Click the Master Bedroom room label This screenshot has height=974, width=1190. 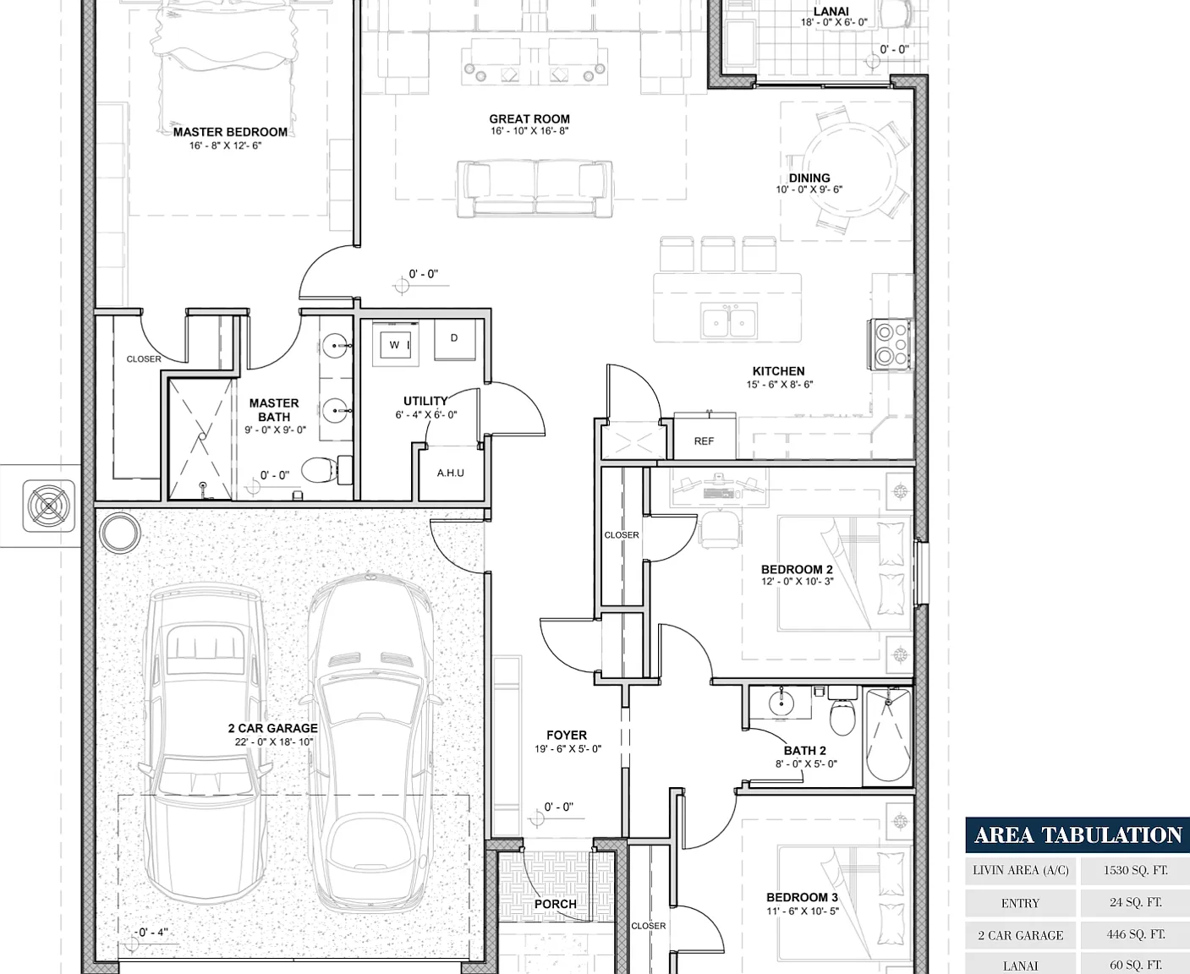230,132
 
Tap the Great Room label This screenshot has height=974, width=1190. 529,119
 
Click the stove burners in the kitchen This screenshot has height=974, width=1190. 890,344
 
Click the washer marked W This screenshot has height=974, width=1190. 399,344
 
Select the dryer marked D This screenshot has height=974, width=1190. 455,340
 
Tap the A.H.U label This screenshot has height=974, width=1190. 450,473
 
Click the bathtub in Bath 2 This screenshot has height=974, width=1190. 888,736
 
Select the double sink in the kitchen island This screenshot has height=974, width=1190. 729,321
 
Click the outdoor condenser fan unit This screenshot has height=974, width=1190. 49,506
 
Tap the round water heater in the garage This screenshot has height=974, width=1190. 119,533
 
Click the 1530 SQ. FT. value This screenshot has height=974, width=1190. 1135,870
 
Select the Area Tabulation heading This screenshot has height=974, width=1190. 1078,835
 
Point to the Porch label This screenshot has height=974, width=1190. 555,904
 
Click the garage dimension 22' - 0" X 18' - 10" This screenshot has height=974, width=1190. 274,742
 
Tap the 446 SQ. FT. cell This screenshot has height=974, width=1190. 1135,934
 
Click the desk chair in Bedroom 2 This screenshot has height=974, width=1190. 720,529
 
